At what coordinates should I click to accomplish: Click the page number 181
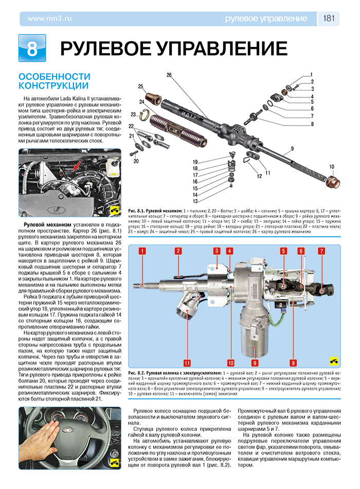[329, 19]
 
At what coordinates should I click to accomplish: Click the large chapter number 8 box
[32, 49]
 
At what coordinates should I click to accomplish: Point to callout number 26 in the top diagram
[169, 75]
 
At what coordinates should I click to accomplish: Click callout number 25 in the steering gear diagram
[140, 86]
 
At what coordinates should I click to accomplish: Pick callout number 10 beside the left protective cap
[332, 166]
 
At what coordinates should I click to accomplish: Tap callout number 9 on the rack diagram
[291, 149]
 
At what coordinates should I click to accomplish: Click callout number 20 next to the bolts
[136, 161]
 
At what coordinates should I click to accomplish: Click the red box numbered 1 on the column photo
[142, 251]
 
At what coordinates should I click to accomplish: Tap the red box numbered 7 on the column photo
[321, 251]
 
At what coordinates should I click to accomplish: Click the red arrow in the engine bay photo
[77, 166]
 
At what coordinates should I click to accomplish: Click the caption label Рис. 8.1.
[136, 212]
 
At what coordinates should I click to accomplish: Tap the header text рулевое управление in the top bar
[266, 19]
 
